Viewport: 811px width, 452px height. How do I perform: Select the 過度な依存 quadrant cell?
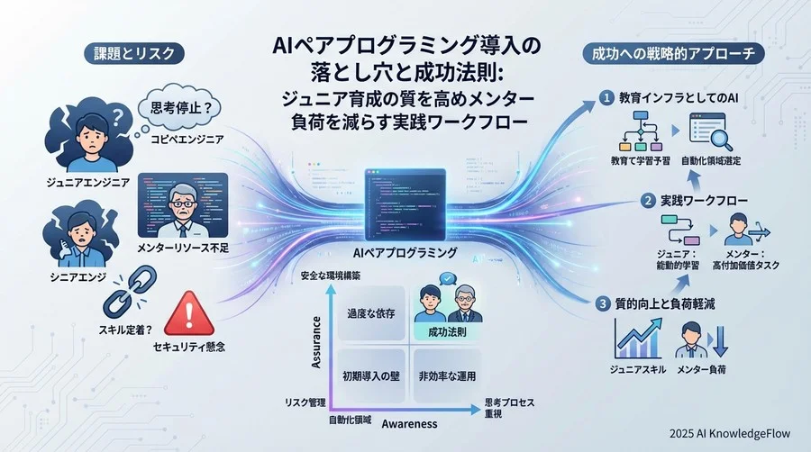coord(365,316)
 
